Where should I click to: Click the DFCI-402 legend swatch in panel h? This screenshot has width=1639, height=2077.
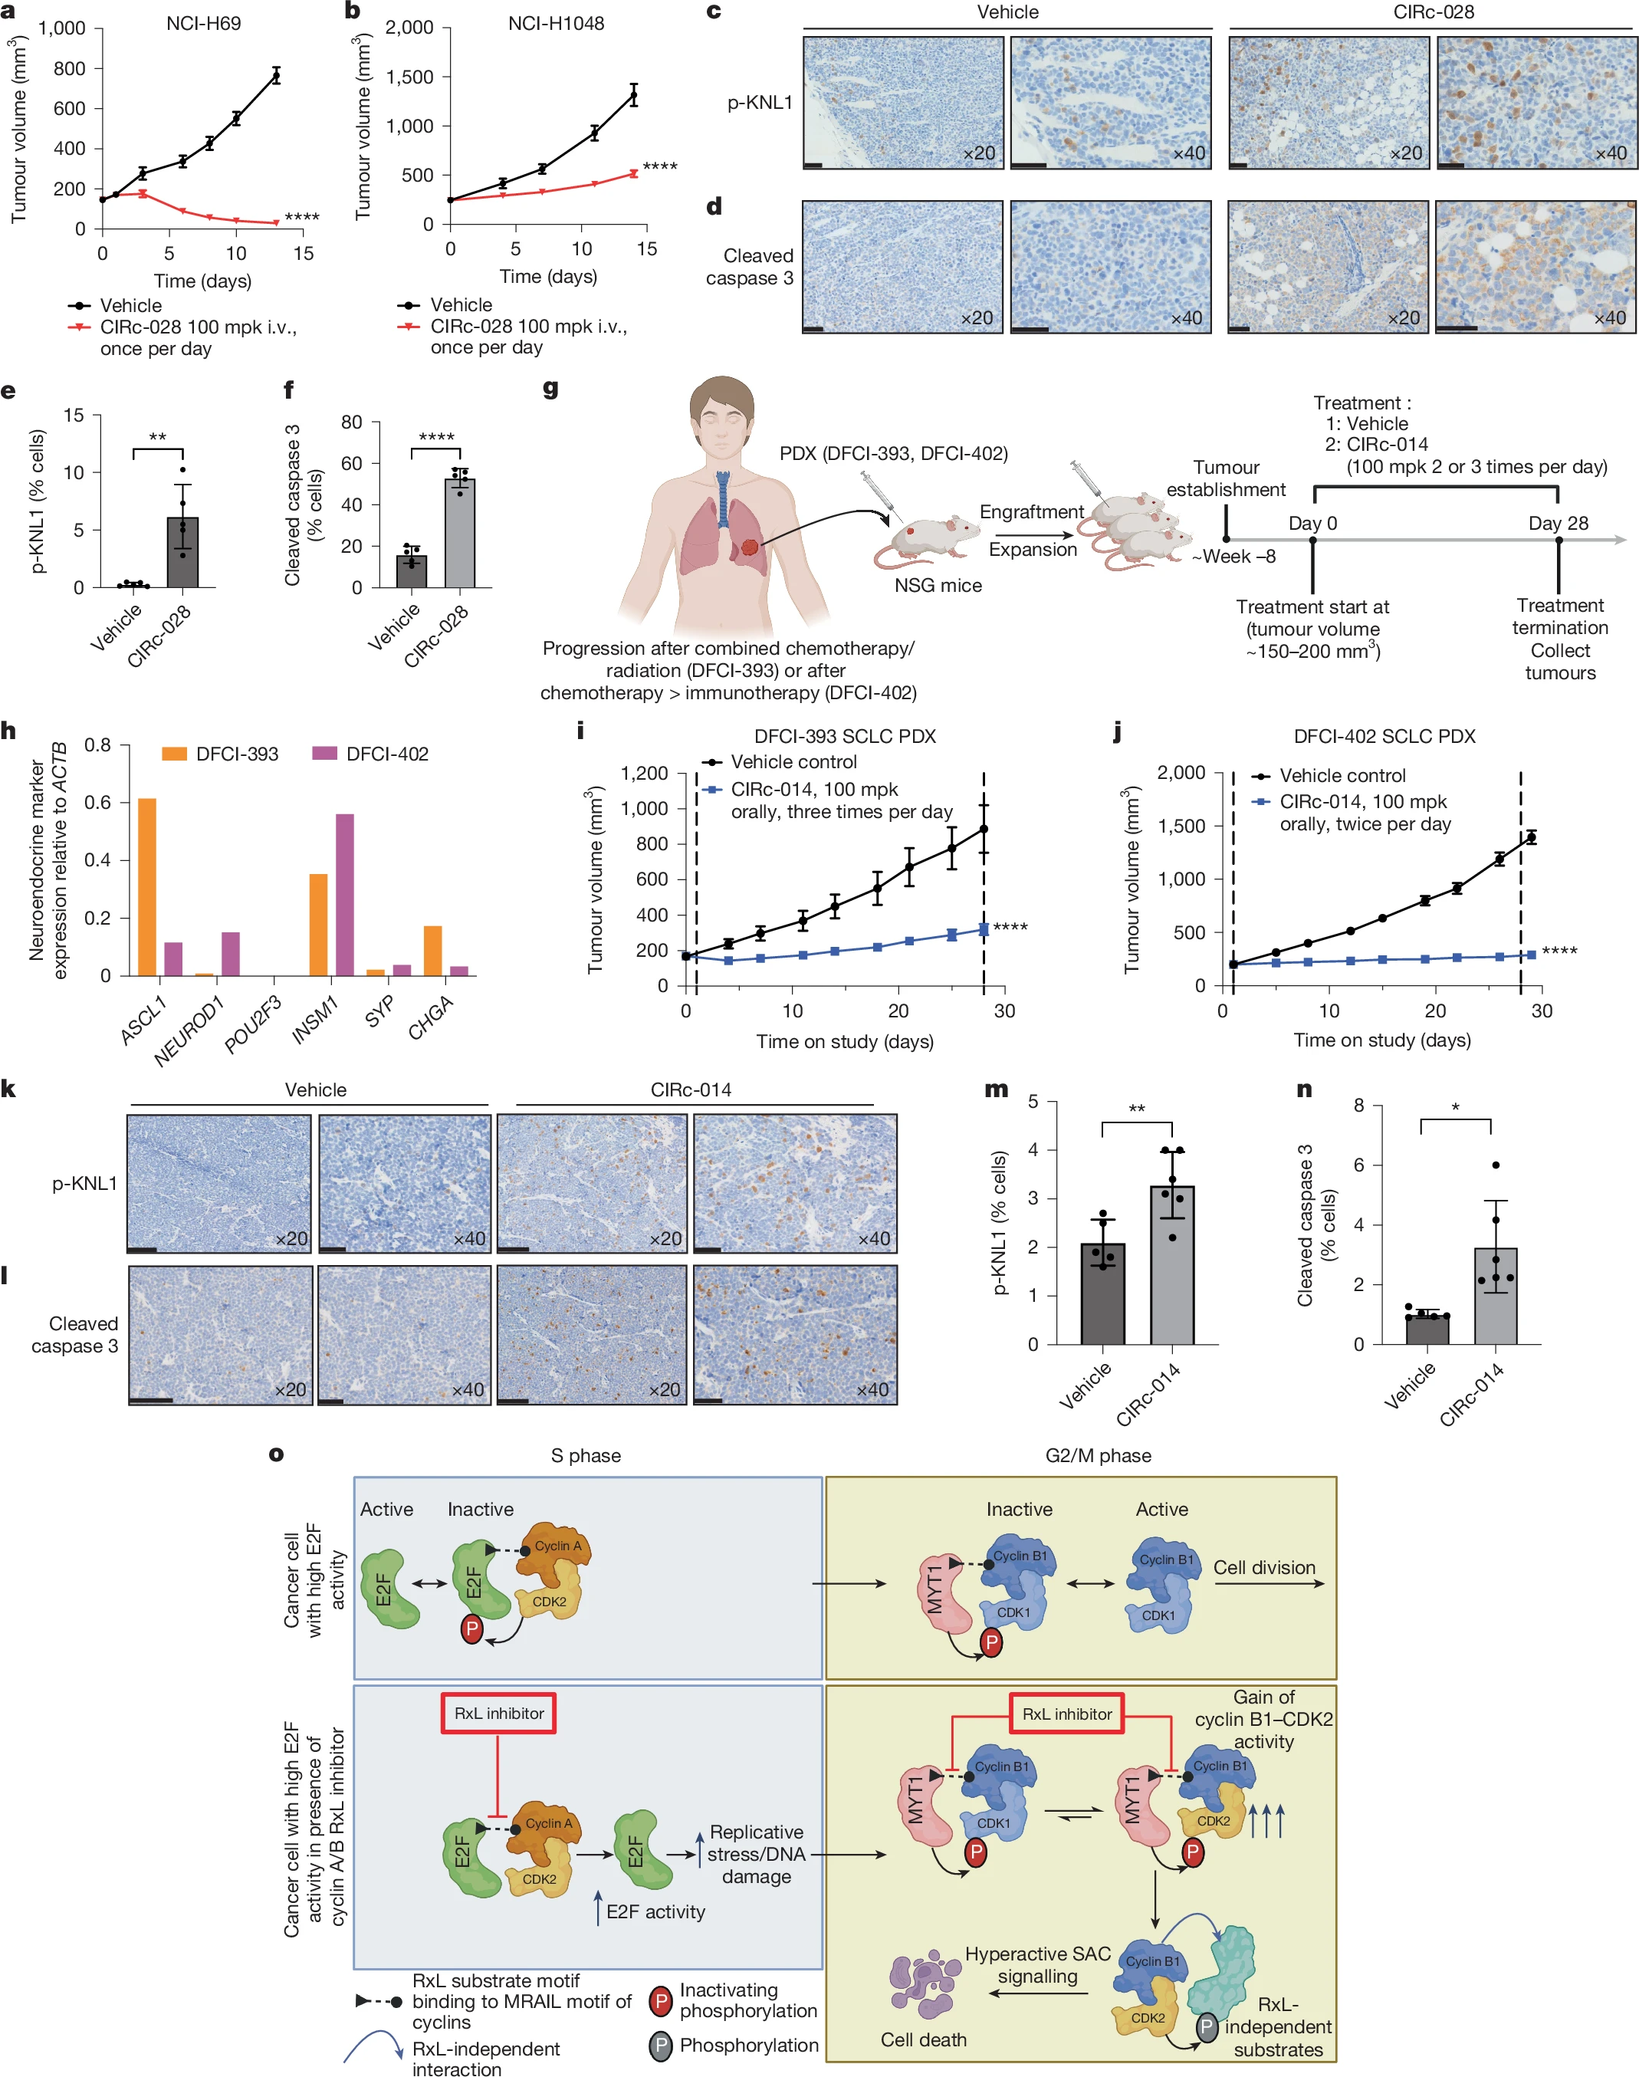[x=324, y=754]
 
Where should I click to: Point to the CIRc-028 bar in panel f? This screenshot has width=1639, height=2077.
[x=458, y=533]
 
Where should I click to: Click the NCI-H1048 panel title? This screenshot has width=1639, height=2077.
[x=556, y=23]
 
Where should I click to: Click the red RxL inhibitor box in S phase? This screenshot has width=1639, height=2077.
[x=498, y=1714]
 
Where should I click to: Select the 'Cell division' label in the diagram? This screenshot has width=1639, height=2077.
[x=1264, y=1567]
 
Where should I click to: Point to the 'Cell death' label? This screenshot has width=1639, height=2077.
[x=923, y=2039]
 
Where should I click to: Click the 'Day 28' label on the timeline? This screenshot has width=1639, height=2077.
[x=1558, y=523]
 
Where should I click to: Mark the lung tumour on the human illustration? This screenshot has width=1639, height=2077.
[x=750, y=549]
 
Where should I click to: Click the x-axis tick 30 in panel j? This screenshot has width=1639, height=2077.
[x=1541, y=1011]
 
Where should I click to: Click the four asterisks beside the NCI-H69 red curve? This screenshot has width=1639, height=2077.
[x=302, y=218]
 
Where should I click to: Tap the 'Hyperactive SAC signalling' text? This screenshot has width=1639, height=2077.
[x=1037, y=1965]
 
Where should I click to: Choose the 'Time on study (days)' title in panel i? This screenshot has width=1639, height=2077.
[x=845, y=1041]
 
